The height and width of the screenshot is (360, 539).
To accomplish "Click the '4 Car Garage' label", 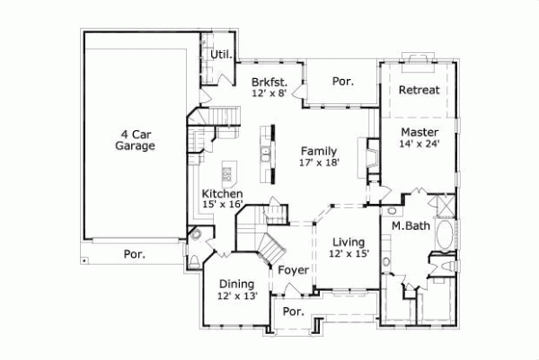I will pyautogui.click(x=136, y=139).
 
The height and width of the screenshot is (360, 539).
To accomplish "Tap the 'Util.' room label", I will pyautogui.click(x=221, y=55).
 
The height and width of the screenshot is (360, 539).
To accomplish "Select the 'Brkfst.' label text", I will pyautogui.click(x=269, y=82).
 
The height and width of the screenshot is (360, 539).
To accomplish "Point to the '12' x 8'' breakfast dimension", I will pyautogui.click(x=269, y=93).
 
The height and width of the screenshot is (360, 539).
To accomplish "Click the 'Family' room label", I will pyautogui.click(x=319, y=150).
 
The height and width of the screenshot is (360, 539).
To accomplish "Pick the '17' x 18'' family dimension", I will pyautogui.click(x=319, y=162).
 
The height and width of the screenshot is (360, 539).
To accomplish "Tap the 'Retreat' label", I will pyautogui.click(x=419, y=91).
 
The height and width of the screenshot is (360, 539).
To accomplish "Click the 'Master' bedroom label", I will pyautogui.click(x=420, y=132).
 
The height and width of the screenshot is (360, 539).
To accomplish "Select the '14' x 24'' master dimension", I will pyautogui.click(x=420, y=145).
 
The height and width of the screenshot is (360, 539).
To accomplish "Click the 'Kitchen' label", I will pyautogui.click(x=222, y=194).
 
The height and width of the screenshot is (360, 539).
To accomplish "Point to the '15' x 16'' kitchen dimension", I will pyautogui.click(x=222, y=206).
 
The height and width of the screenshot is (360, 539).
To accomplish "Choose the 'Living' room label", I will pyautogui.click(x=348, y=242).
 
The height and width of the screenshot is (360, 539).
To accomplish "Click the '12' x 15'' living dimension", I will pyautogui.click(x=348, y=255).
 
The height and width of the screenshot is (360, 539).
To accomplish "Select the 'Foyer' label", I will pyautogui.click(x=293, y=270).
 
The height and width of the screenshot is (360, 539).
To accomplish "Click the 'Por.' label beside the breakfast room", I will pyautogui.click(x=342, y=81).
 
